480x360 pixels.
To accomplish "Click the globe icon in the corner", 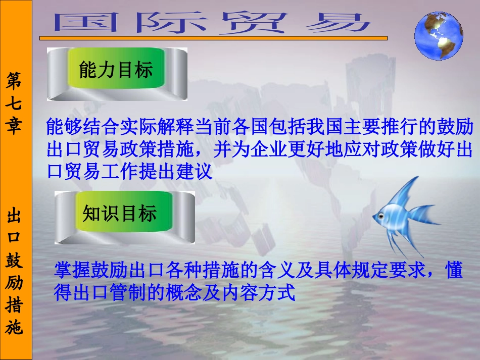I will (438, 35).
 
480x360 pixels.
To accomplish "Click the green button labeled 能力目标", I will (116, 70).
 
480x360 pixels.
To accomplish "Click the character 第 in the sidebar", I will (15, 80).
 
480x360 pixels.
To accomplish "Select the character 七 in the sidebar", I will (15, 104).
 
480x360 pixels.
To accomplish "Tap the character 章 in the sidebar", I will (15, 126).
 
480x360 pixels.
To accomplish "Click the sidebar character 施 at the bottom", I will (15, 328).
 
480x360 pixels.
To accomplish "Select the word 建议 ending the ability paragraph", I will (195, 172).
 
